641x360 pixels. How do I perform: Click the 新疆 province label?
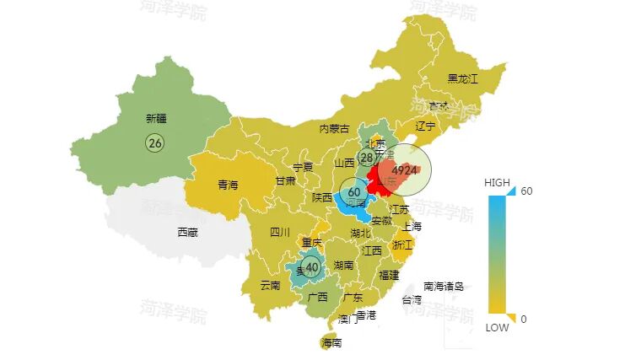[155, 119]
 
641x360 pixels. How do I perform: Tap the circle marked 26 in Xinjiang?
[155, 142]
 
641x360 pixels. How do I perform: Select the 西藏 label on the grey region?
[187, 232]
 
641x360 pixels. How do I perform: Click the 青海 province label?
[228, 185]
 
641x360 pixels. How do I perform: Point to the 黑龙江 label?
[462, 79]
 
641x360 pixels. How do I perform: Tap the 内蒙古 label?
[334, 129]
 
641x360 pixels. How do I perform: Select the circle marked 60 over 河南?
[354, 192]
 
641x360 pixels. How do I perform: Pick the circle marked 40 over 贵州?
[312, 268]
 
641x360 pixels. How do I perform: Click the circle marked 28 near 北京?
[367, 158]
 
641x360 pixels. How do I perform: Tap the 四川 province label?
[280, 232]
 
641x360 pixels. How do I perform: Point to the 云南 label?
[270, 285]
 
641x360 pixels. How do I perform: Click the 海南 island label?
[331, 343]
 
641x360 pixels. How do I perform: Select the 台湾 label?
[412, 299]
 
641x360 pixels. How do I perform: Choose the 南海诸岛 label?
[444, 286]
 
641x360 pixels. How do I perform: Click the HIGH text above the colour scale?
[497, 183]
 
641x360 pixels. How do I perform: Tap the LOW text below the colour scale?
[497, 328]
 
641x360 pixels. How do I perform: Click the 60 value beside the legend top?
[526, 191]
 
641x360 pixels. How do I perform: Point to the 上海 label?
[412, 226]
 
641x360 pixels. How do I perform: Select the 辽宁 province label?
[425, 126]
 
